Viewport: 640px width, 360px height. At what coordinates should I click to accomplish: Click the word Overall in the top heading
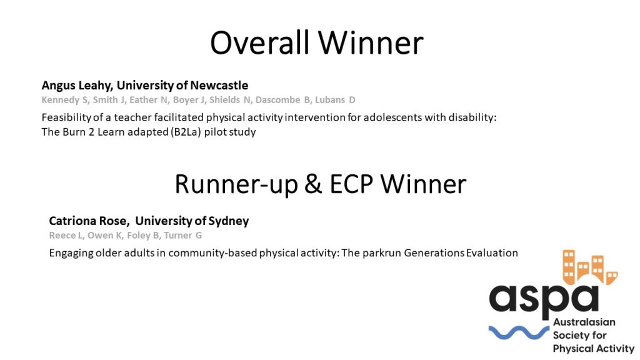(x=259, y=43)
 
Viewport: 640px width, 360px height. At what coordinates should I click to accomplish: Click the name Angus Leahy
(x=76, y=86)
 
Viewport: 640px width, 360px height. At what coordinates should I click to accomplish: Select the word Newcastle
(x=219, y=85)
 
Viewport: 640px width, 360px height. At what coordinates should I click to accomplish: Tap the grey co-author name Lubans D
(x=335, y=100)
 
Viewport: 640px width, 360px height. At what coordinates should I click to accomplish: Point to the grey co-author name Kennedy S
(x=65, y=101)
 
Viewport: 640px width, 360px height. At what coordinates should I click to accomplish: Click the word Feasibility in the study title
(x=66, y=118)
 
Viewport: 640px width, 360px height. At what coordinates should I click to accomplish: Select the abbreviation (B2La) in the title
(x=186, y=132)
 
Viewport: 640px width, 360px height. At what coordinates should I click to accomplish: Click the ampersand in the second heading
(x=313, y=184)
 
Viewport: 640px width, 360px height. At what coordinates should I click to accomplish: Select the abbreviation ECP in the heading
(x=351, y=184)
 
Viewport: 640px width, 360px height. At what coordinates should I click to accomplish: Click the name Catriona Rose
(x=87, y=221)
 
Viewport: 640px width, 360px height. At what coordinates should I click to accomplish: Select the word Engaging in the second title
(x=71, y=254)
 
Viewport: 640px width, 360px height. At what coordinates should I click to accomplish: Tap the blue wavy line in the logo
(x=519, y=332)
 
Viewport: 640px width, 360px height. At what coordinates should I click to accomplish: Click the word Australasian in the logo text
(x=584, y=322)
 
